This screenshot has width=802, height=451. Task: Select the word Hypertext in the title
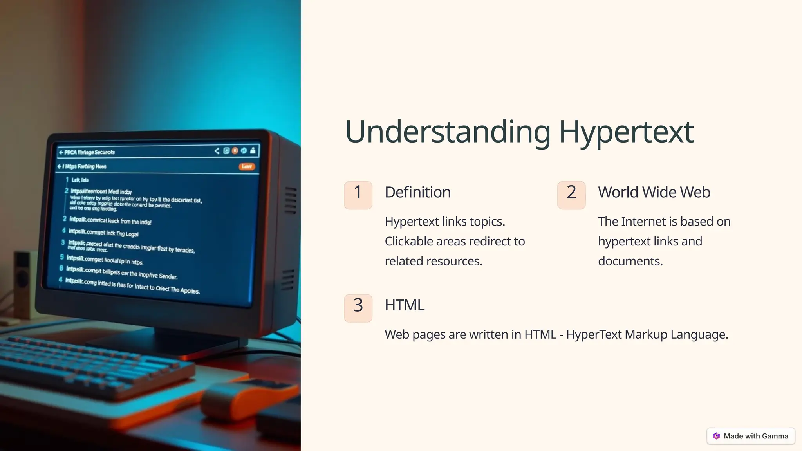point(626,132)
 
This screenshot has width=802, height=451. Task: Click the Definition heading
point(417,192)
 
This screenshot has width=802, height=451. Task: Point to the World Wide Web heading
point(654,192)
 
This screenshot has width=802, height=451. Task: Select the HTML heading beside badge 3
point(405,305)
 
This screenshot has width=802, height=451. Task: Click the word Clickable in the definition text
point(408,242)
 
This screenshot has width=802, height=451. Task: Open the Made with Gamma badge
point(751,436)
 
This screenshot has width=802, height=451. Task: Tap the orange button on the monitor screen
point(247,167)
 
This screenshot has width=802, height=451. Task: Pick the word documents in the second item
point(630,262)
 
